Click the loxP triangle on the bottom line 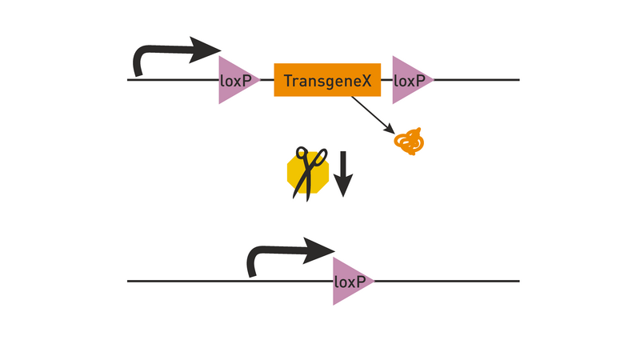(350, 282)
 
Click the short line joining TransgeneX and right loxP (386, 80)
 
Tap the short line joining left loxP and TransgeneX (267, 80)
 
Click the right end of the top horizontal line (518, 80)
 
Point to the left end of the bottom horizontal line (129, 282)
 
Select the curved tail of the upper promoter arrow (138, 64)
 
